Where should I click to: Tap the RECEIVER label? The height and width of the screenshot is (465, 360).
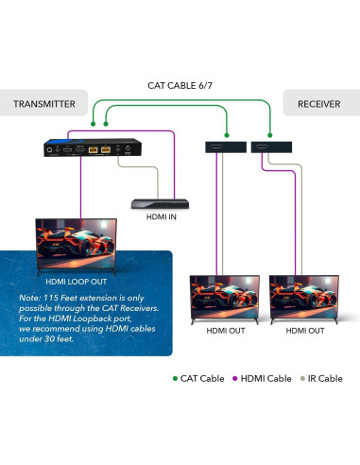point(318,103)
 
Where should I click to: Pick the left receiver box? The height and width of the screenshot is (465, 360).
point(224,147)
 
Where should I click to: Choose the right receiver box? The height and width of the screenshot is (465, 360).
point(271,147)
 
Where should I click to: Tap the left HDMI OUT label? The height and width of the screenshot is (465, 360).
point(224,332)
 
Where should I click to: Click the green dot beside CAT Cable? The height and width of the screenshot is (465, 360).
point(175,379)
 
